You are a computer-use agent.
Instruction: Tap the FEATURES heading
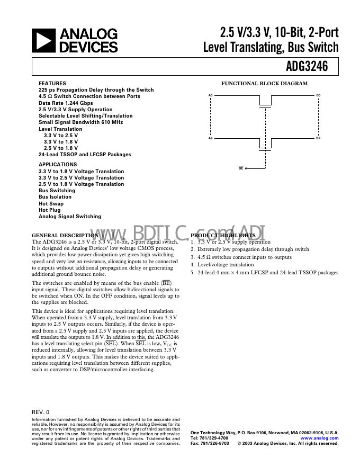pos(52,84)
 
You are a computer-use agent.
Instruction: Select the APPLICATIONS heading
pos(58,165)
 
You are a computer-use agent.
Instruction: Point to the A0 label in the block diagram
pos(210,95)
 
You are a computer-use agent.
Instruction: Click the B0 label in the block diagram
pos(318,95)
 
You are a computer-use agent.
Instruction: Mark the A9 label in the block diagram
pos(210,138)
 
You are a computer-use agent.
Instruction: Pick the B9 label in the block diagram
pos(318,138)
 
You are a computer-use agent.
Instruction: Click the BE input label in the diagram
pos(241,168)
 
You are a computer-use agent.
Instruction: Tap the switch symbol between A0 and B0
pos(265,102)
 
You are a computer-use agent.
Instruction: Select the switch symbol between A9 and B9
pos(265,145)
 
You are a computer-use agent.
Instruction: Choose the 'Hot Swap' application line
pos(51,203)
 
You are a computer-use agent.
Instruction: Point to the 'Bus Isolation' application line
pos(55,197)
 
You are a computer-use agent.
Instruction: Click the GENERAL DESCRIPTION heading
pos(65,235)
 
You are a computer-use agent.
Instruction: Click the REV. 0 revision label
pos(40,411)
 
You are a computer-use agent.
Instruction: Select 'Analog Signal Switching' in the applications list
pos(70,217)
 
